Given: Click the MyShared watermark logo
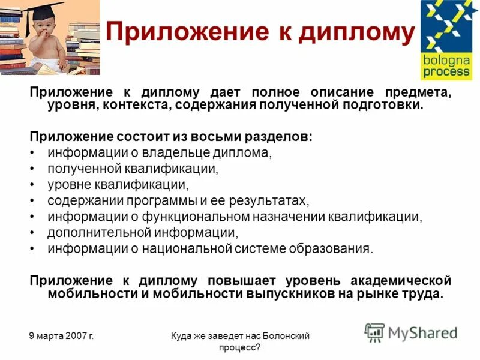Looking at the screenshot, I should [411, 332].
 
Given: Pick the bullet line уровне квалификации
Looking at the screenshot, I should [118, 184].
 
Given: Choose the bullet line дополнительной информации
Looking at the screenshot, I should [143, 232].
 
